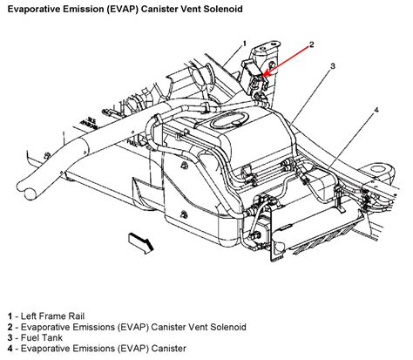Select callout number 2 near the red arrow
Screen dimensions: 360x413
(x=311, y=43)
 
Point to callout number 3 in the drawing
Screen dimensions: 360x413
(x=332, y=66)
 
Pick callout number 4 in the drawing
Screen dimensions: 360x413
(x=376, y=110)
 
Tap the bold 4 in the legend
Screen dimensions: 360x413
(x=7, y=347)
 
